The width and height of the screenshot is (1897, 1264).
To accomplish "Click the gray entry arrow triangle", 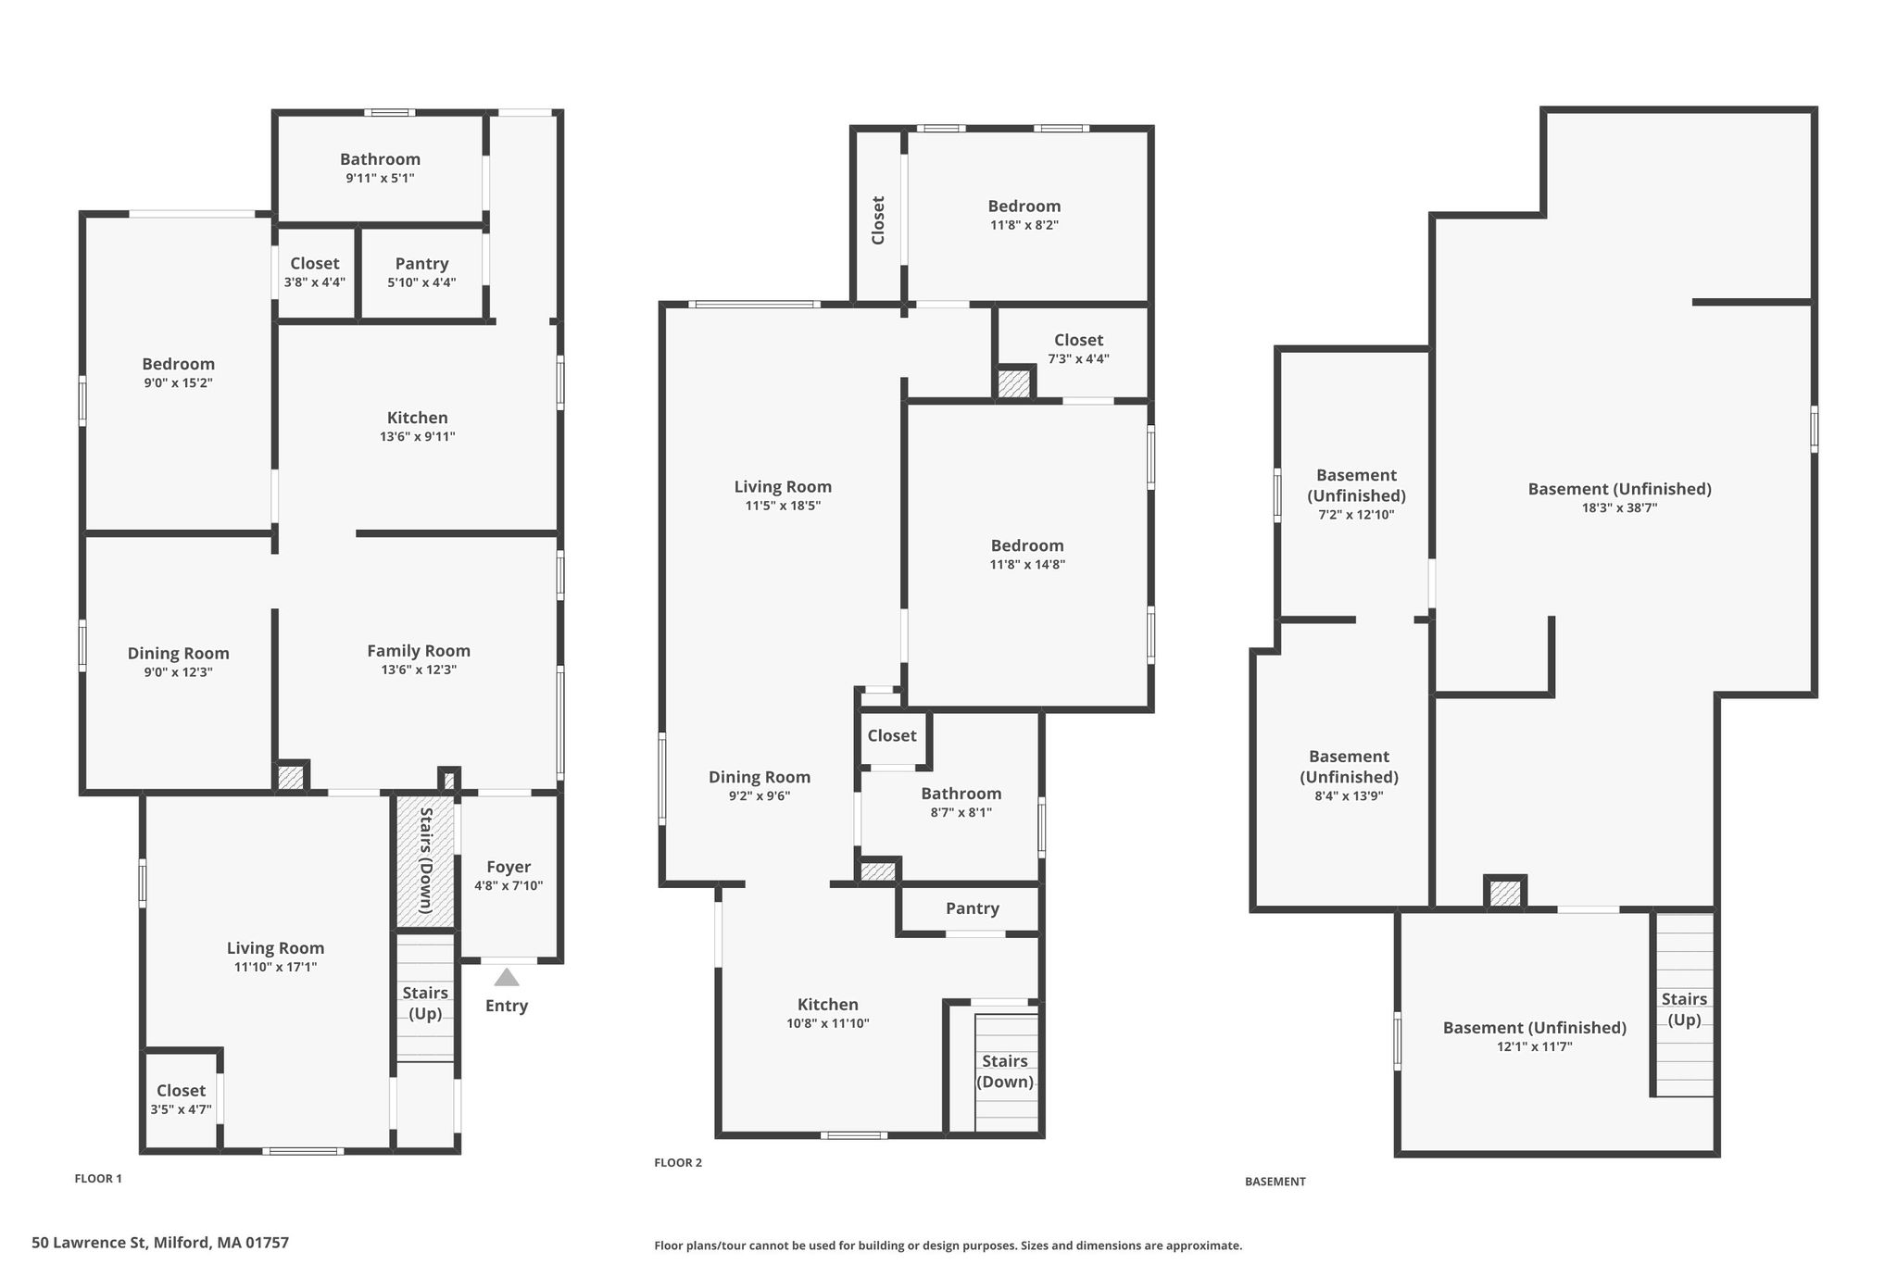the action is click(507, 977).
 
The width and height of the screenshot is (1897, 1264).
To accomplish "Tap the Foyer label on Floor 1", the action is click(509, 867).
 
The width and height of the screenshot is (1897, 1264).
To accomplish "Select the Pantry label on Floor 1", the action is click(421, 264).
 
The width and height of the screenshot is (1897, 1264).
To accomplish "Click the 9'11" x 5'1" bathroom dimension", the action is click(380, 178).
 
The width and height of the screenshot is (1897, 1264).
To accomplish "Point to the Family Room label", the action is click(419, 651).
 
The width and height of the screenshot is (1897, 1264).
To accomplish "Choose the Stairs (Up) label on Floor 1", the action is click(425, 1003).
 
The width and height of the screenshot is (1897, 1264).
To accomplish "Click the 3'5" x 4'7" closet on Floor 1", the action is click(181, 1100).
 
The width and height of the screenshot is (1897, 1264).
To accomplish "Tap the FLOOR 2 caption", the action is click(678, 1163).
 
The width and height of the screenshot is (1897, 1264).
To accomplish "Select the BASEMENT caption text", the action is click(1275, 1182).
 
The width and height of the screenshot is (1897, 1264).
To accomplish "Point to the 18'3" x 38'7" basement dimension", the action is click(1620, 507).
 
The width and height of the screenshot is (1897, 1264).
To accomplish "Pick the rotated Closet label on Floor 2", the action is click(878, 220).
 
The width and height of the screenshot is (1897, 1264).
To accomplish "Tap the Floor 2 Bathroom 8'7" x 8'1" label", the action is click(961, 802).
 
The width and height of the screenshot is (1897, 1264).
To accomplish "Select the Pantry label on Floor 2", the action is click(973, 909).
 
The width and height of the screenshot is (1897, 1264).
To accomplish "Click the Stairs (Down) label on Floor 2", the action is click(1005, 1071).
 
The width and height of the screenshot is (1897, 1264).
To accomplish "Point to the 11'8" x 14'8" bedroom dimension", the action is click(1028, 564).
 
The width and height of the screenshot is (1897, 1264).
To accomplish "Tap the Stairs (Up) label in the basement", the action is click(1684, 1009).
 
